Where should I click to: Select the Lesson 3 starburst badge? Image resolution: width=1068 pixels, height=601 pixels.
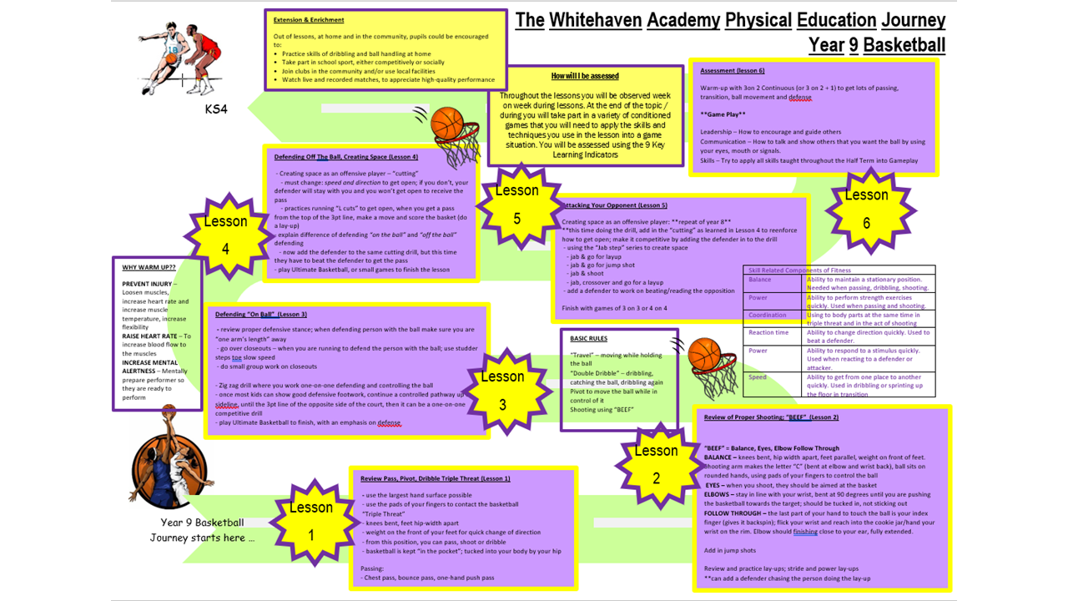502,390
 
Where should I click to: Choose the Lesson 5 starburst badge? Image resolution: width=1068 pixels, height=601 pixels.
516,204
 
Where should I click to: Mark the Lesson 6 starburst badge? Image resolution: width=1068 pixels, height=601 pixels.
866,209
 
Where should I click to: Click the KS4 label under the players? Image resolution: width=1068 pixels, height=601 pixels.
215,109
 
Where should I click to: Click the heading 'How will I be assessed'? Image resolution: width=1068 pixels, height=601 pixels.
585,76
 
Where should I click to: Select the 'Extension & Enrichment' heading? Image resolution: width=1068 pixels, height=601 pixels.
309,20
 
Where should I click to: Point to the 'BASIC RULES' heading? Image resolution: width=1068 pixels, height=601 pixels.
588,339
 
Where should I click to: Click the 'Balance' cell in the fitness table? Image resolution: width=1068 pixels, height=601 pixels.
760,280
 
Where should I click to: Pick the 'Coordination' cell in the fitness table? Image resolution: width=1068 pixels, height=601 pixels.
768,316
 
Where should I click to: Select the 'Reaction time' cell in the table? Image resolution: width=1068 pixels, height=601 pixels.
768,333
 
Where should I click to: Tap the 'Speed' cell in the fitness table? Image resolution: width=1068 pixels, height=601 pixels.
758,377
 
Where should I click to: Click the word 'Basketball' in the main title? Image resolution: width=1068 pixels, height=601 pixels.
904,44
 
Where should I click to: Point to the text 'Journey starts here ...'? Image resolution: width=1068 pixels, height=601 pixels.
203,538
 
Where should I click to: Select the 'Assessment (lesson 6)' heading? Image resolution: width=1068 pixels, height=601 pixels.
733,71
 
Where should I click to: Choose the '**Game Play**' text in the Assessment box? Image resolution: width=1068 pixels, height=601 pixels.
723,114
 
